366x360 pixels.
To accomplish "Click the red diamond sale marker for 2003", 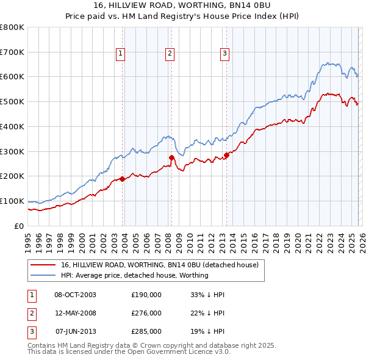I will click(x=122, y=179).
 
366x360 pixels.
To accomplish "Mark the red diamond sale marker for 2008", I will click(x=171, y=157).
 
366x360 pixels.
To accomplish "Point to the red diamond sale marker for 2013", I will click(x=226, y=155).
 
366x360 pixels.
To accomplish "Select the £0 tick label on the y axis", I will click(x=18, y=226).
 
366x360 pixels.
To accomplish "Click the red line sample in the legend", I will click(x=43, y=265).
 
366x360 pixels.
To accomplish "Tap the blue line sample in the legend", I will click(x=43, y=275).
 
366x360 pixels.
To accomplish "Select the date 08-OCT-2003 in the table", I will click(x=76, y=295).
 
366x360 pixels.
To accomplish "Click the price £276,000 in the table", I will click(x=146, y=313).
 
